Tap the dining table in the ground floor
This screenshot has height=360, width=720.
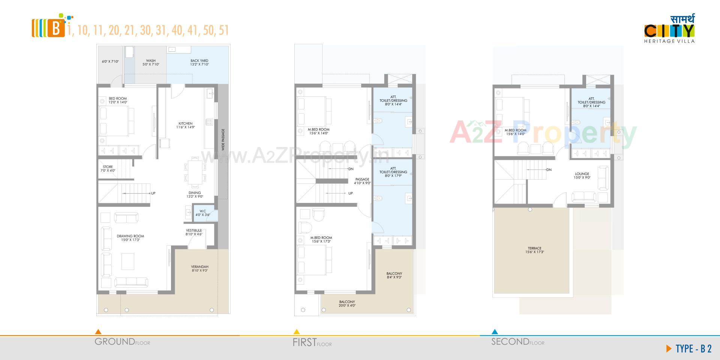click(195, 172)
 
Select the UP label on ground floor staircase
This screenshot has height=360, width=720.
click(153, 193)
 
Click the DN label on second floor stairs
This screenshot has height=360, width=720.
click(549, 170)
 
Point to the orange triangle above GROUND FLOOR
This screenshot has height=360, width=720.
click(98, 331)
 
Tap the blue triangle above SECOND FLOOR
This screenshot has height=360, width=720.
click(495, 331)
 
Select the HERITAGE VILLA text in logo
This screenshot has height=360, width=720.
click(669, 41)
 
